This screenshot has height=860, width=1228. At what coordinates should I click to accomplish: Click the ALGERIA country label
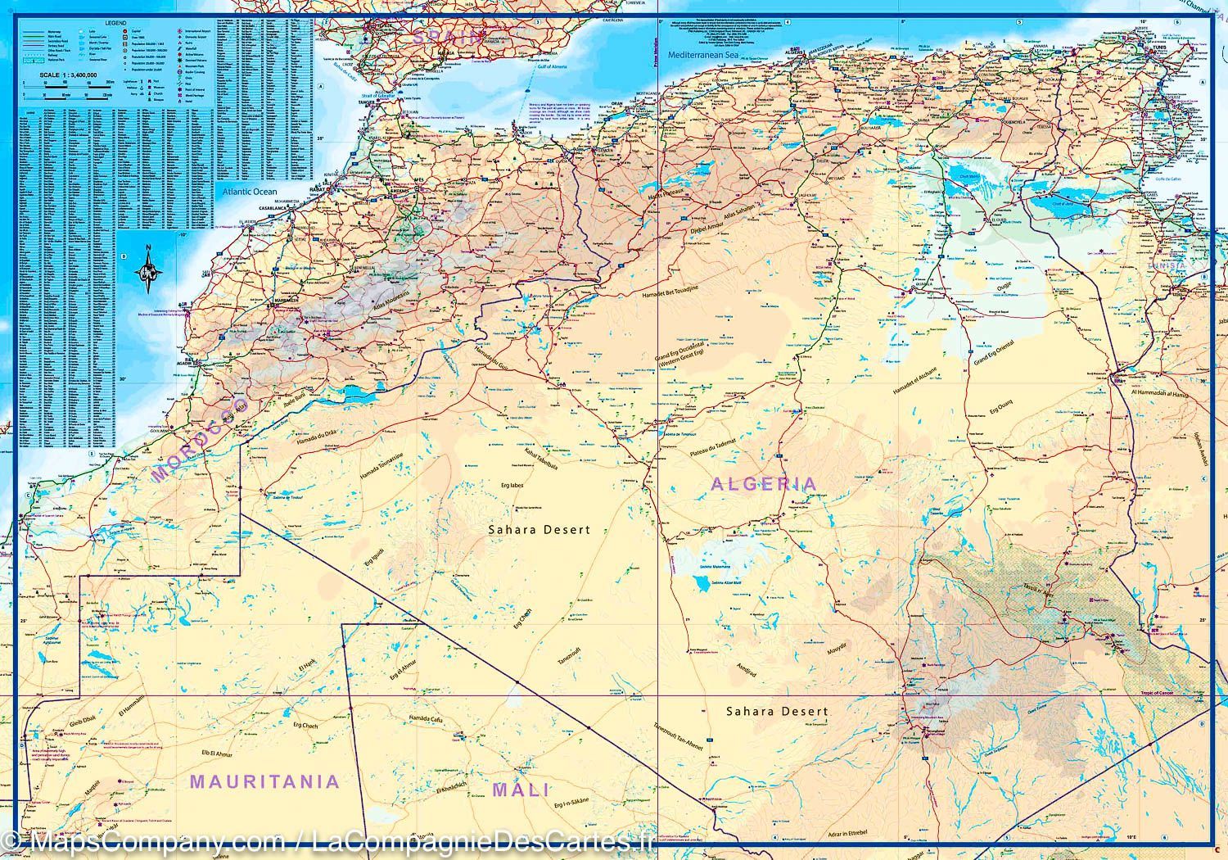(763, 484)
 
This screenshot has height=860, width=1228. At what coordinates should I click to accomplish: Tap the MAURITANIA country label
(264, 781)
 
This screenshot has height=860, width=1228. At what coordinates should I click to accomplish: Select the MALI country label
(520, 790)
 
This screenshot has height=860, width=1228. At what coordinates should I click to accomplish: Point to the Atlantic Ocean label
(249, 191)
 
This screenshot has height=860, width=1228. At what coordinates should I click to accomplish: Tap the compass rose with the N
(148, 270)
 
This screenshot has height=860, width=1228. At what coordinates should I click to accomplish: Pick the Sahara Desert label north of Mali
(539, 530)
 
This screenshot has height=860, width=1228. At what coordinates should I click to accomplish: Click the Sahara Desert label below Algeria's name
(777, 712)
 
